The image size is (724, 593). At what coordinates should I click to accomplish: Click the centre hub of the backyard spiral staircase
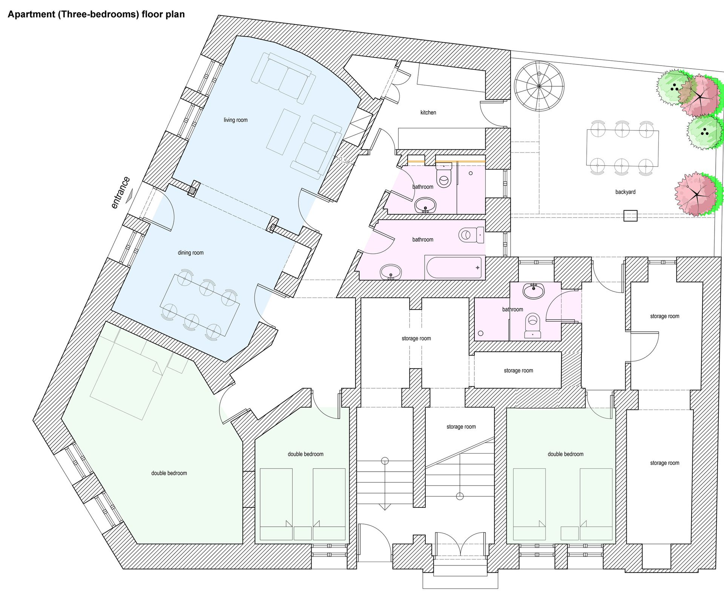tap(539, 86)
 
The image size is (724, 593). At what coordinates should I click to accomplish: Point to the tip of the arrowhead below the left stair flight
tap(385, 510)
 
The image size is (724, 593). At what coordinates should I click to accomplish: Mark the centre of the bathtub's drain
tap(477, 267)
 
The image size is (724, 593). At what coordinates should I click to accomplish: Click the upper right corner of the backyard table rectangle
tap(659, 130)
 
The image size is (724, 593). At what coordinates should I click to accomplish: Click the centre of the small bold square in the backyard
tap(630, 216)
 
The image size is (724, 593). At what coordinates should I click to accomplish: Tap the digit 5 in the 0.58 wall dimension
tap(344, 161)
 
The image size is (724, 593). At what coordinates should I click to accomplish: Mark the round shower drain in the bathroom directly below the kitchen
tap(471, 173)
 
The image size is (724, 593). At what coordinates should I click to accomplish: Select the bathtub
tap(455, 267)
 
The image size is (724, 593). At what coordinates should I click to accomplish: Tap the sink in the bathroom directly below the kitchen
tap(425, 205)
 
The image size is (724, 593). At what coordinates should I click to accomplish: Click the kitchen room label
tap(428, 112)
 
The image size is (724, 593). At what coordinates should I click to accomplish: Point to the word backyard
tap(625, 192)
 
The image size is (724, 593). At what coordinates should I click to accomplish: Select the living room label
tap(236, 120)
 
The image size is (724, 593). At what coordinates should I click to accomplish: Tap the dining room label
tap(190, 253)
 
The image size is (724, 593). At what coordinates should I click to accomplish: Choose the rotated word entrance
tap(120, 193)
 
